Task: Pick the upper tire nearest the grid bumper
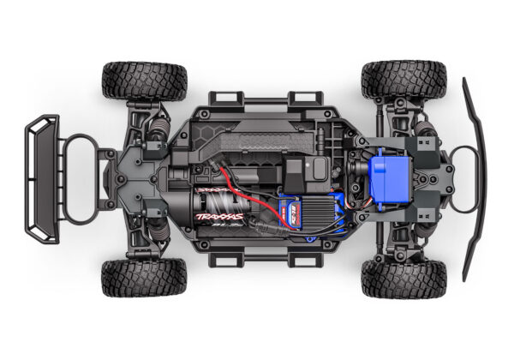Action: (x=143, y=80)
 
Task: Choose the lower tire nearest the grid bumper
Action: (x=143, y=277)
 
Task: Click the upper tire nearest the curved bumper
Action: (x=403, y=79)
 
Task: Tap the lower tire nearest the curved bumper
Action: (x=403, y=278)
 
